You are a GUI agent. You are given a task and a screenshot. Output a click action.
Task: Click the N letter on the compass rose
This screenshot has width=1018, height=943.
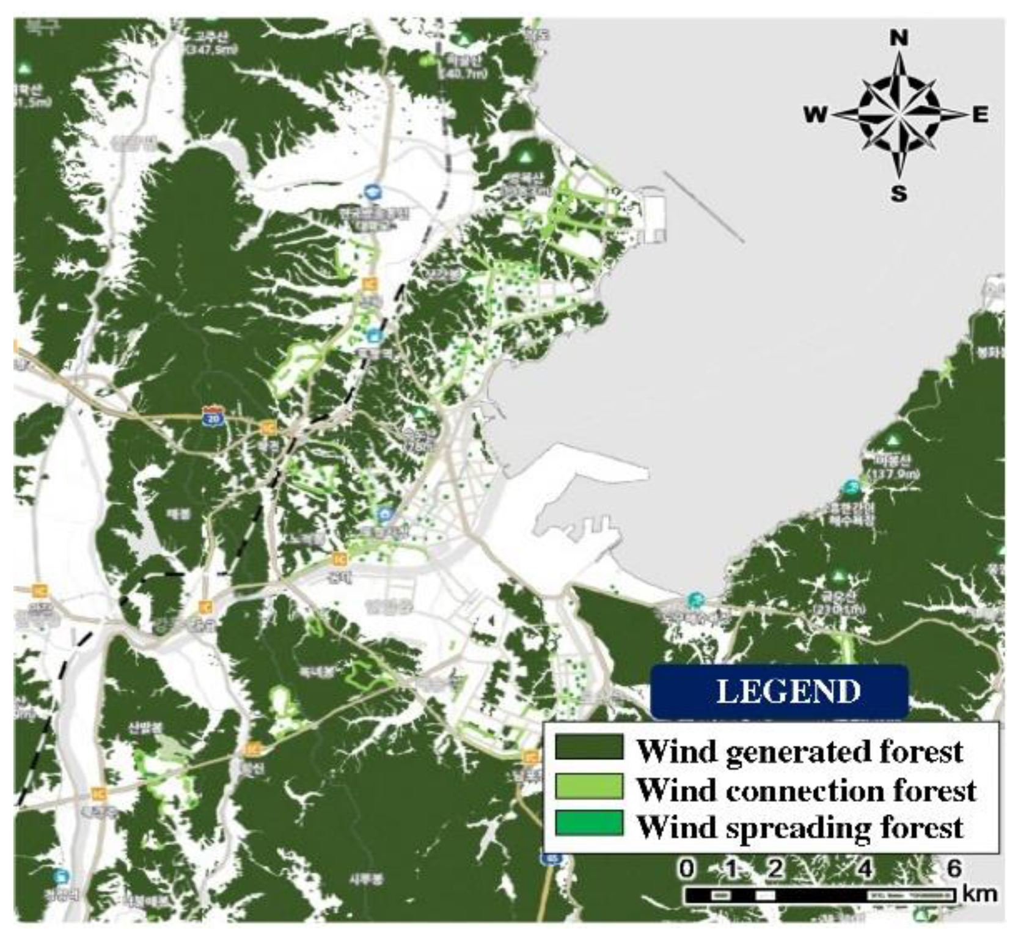(898, 38)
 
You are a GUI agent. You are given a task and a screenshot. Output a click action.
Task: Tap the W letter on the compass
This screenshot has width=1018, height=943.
(815, 114)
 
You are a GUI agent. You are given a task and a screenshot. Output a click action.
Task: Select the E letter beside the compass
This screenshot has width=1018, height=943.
(980, 114)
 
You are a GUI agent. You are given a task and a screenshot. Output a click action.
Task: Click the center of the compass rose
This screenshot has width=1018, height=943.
(899, 114)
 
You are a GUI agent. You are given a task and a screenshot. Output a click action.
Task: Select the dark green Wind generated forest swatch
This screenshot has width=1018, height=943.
(588, 747)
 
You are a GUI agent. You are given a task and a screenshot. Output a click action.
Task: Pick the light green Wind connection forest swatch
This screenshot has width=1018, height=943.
(588, 786)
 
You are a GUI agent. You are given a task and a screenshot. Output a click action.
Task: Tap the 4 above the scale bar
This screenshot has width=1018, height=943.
(865, 868)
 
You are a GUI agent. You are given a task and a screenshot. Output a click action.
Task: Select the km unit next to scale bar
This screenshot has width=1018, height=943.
(980, 893)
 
